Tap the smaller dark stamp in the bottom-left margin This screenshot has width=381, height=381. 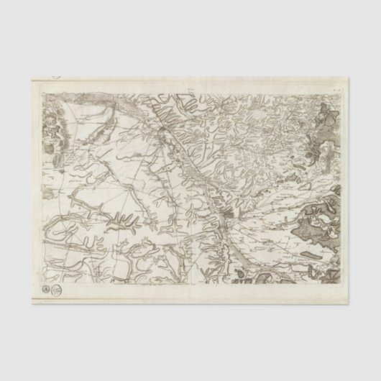49,288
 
